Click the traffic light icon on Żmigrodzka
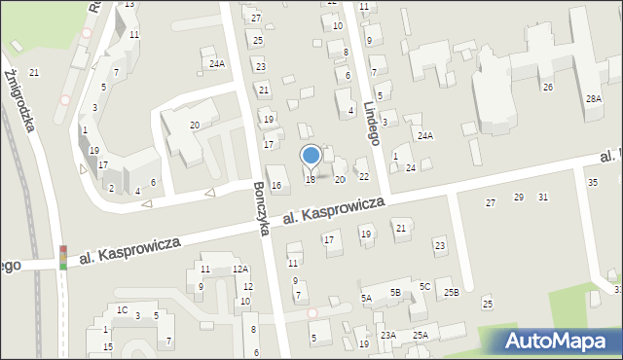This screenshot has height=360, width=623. coord(63,257)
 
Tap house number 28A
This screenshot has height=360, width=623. coord(593,99)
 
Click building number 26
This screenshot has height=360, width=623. coord(548,88)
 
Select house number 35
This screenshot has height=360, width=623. coord(592,183)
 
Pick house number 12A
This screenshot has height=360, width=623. coord(239,269)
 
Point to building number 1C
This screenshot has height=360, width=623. coord(122,309)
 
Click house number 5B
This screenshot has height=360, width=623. coord(396,291)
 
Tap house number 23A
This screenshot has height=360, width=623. coord(388,335)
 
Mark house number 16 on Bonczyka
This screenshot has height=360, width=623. coord(276,185)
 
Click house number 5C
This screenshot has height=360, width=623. coord(424,286)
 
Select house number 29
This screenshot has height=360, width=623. coord(519,198)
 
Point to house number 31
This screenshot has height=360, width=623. coord(542,198)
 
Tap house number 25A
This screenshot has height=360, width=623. coord(420,335)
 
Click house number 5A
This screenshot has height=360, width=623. coord(366,299)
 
